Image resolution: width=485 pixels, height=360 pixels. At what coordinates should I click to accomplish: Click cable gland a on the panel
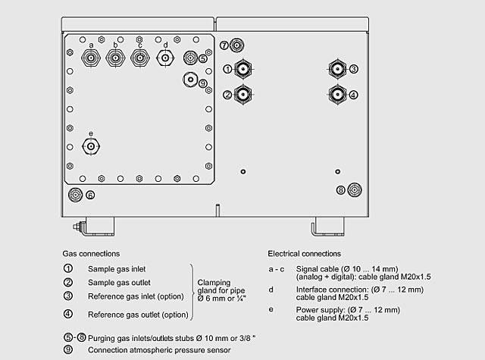pyautogui.click(x=91, y=59)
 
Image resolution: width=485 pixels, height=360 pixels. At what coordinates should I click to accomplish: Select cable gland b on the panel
pyautogui.click(x=115, y=59)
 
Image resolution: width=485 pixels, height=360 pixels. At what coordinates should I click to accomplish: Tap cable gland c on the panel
pyautogui.click(x=139, y=59)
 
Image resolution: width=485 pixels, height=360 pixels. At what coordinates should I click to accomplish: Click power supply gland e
pyautogui.click(x=91, y=145)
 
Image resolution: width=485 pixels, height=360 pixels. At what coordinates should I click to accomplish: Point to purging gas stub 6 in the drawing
pyautogui.click(x=76, y=195)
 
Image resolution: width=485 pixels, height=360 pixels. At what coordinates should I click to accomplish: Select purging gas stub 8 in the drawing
pyautogui.click(x=353, y=189)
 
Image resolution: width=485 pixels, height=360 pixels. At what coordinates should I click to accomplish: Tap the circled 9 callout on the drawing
pyautogui.click(x=203, y=83)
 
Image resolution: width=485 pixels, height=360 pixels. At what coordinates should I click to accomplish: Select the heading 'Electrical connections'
pyautogui.click(x=304, y=253)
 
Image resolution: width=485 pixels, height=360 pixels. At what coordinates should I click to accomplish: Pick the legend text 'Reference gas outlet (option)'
pyautogui.click(x=138, y=314)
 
